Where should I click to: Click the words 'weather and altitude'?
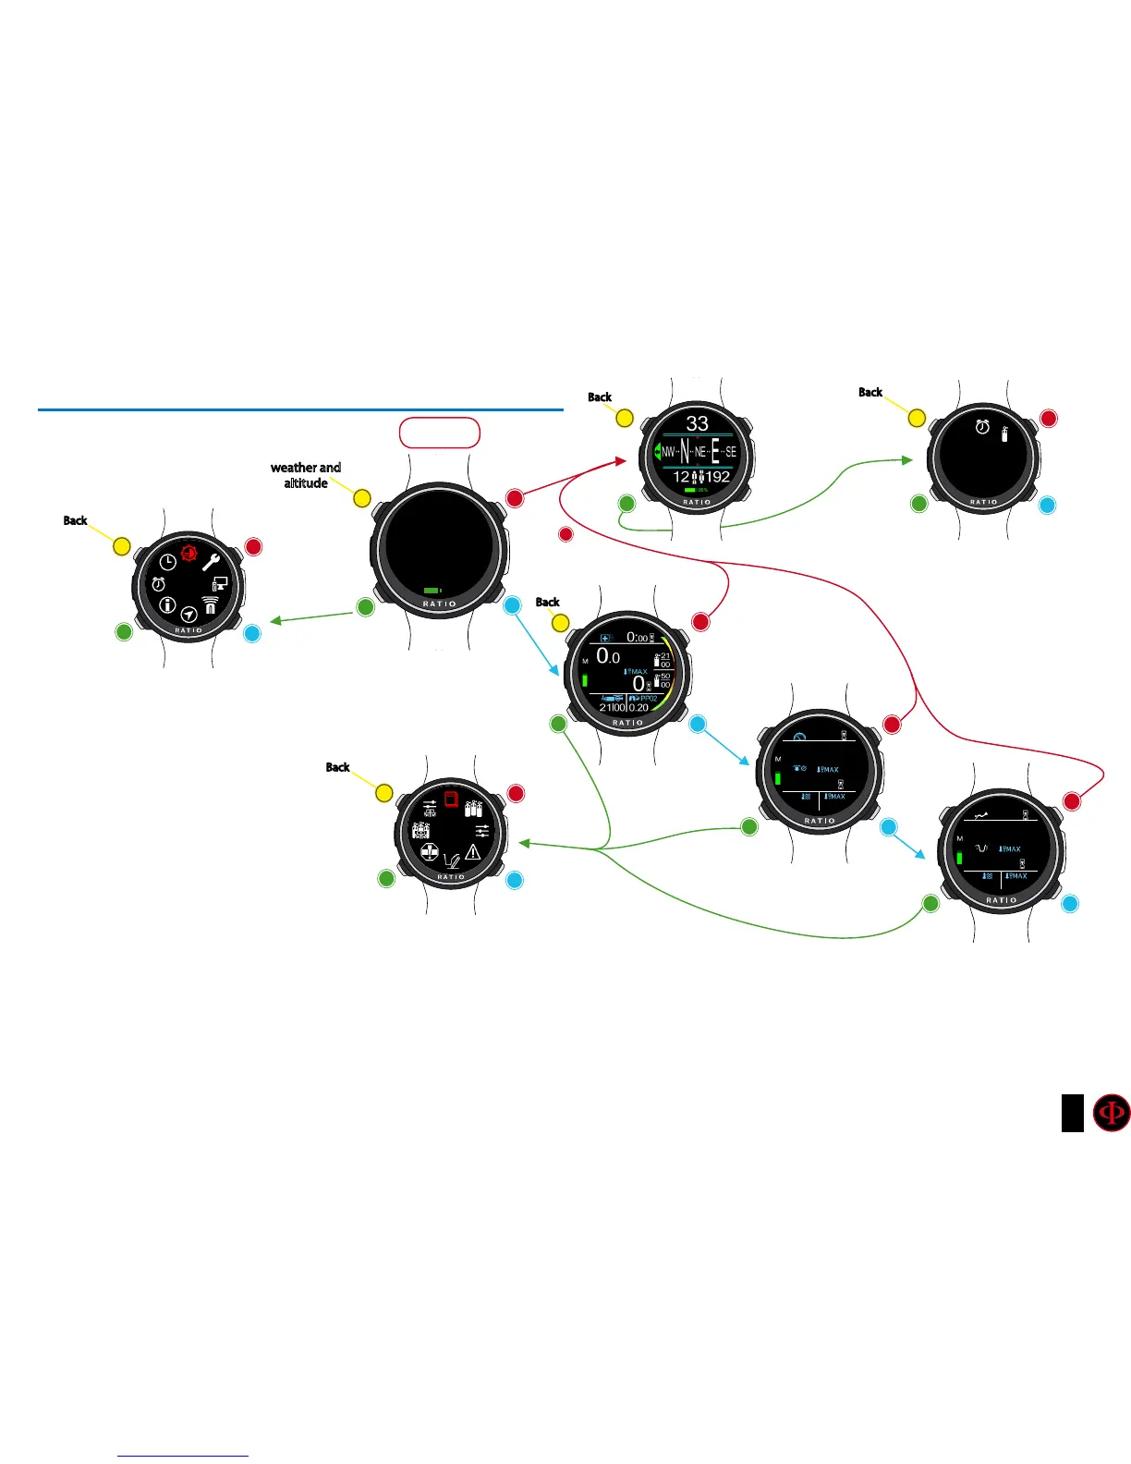coord(306,475)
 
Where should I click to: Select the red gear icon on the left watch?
coord(189,553)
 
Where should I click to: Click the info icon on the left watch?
coord(166,604)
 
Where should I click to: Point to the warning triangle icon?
coord(473,851)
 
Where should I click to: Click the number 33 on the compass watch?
coord(697,423)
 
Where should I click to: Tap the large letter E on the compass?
coord(715,452)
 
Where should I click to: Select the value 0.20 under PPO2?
coord(638,708)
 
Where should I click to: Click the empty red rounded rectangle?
coord(440,433)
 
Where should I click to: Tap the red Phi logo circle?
coord(1112,1113)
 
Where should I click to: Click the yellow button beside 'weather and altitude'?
coord(362,498)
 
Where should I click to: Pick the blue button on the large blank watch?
coord(512,607)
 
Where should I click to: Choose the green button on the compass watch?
coord(626,504)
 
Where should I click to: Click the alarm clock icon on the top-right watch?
coord(983,427)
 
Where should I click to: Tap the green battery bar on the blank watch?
coord(432,590)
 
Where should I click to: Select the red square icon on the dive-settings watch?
coord(451,799)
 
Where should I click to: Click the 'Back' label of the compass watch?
coord(600,397)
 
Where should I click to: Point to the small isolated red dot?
coord(566,534)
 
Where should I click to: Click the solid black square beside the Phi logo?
coord(1072,1113)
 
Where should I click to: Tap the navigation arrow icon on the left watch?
coord(188,614)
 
